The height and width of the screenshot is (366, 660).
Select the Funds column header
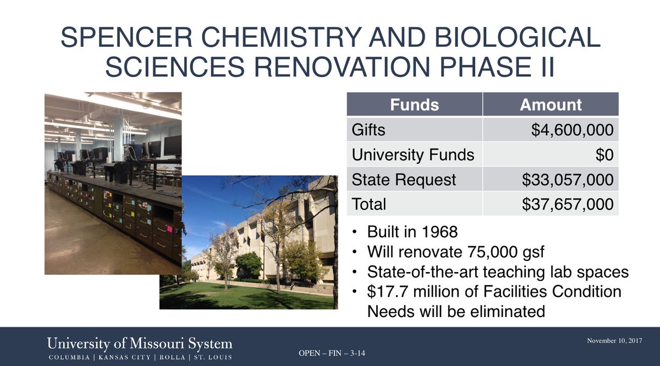pos(414,104)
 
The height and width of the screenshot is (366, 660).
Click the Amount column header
pos(551,104)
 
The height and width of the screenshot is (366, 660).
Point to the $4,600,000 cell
pos(572,130)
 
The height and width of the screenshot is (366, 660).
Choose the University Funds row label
pos(413,154)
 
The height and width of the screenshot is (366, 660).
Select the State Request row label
pos(404,179)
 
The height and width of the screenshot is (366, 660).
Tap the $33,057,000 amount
pos(568,179)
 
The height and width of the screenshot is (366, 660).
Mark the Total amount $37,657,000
pos(568,204)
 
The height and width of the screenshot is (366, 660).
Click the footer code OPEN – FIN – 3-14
pos(331,352)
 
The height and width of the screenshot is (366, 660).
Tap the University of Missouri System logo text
pos(139,344)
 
